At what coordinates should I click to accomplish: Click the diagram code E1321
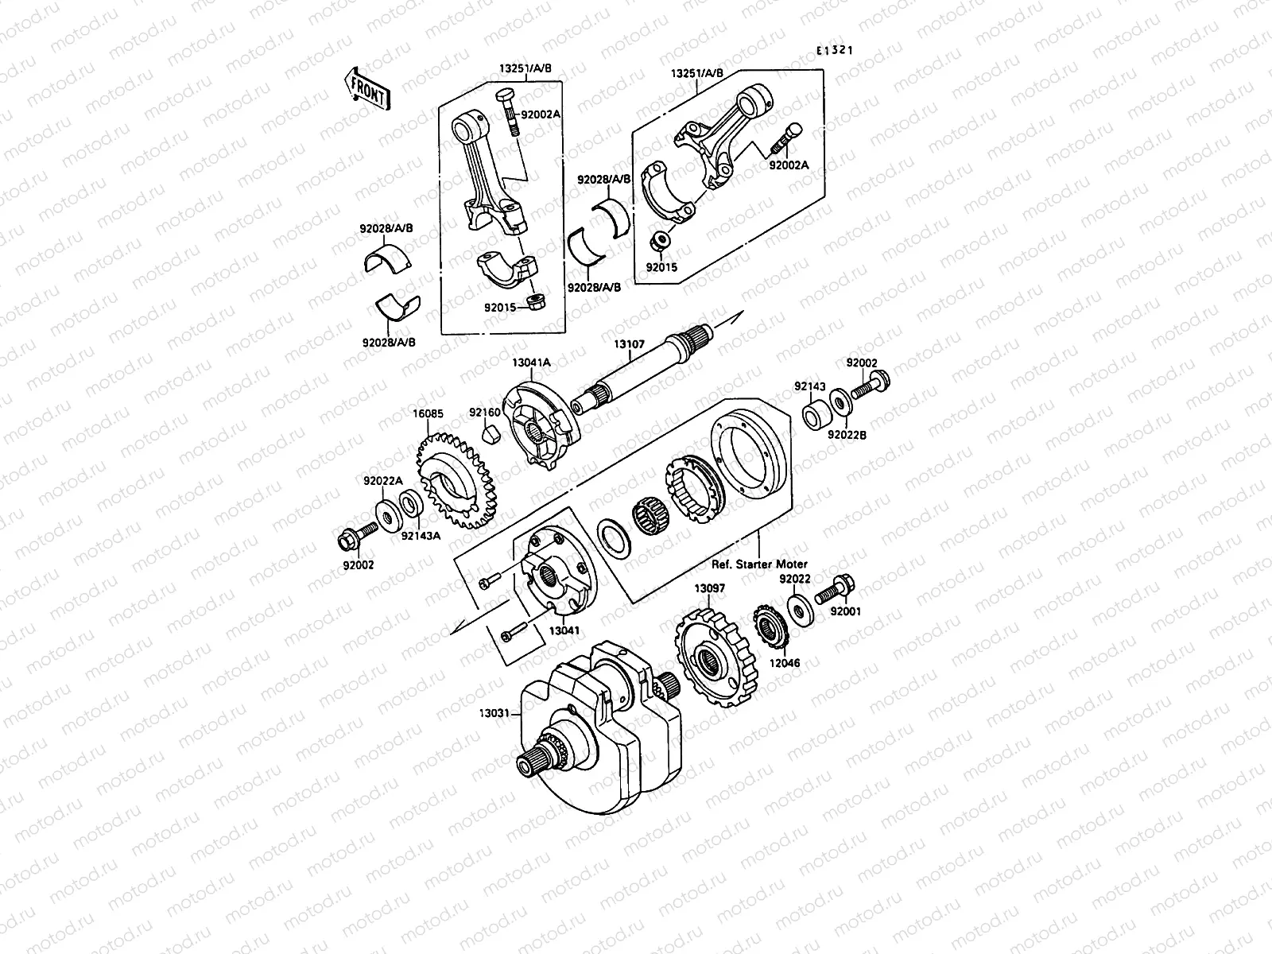coord(834,50)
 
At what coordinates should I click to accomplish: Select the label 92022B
coord(847,435)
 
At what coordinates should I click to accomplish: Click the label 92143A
coord(421,536)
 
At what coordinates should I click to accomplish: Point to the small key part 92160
coord(491,434)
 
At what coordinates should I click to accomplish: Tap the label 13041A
coord(529,363)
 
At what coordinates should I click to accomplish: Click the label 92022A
coord(383,481)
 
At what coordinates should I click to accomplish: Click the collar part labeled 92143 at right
coord(813,416)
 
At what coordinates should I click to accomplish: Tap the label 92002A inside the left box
coord(541,114)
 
